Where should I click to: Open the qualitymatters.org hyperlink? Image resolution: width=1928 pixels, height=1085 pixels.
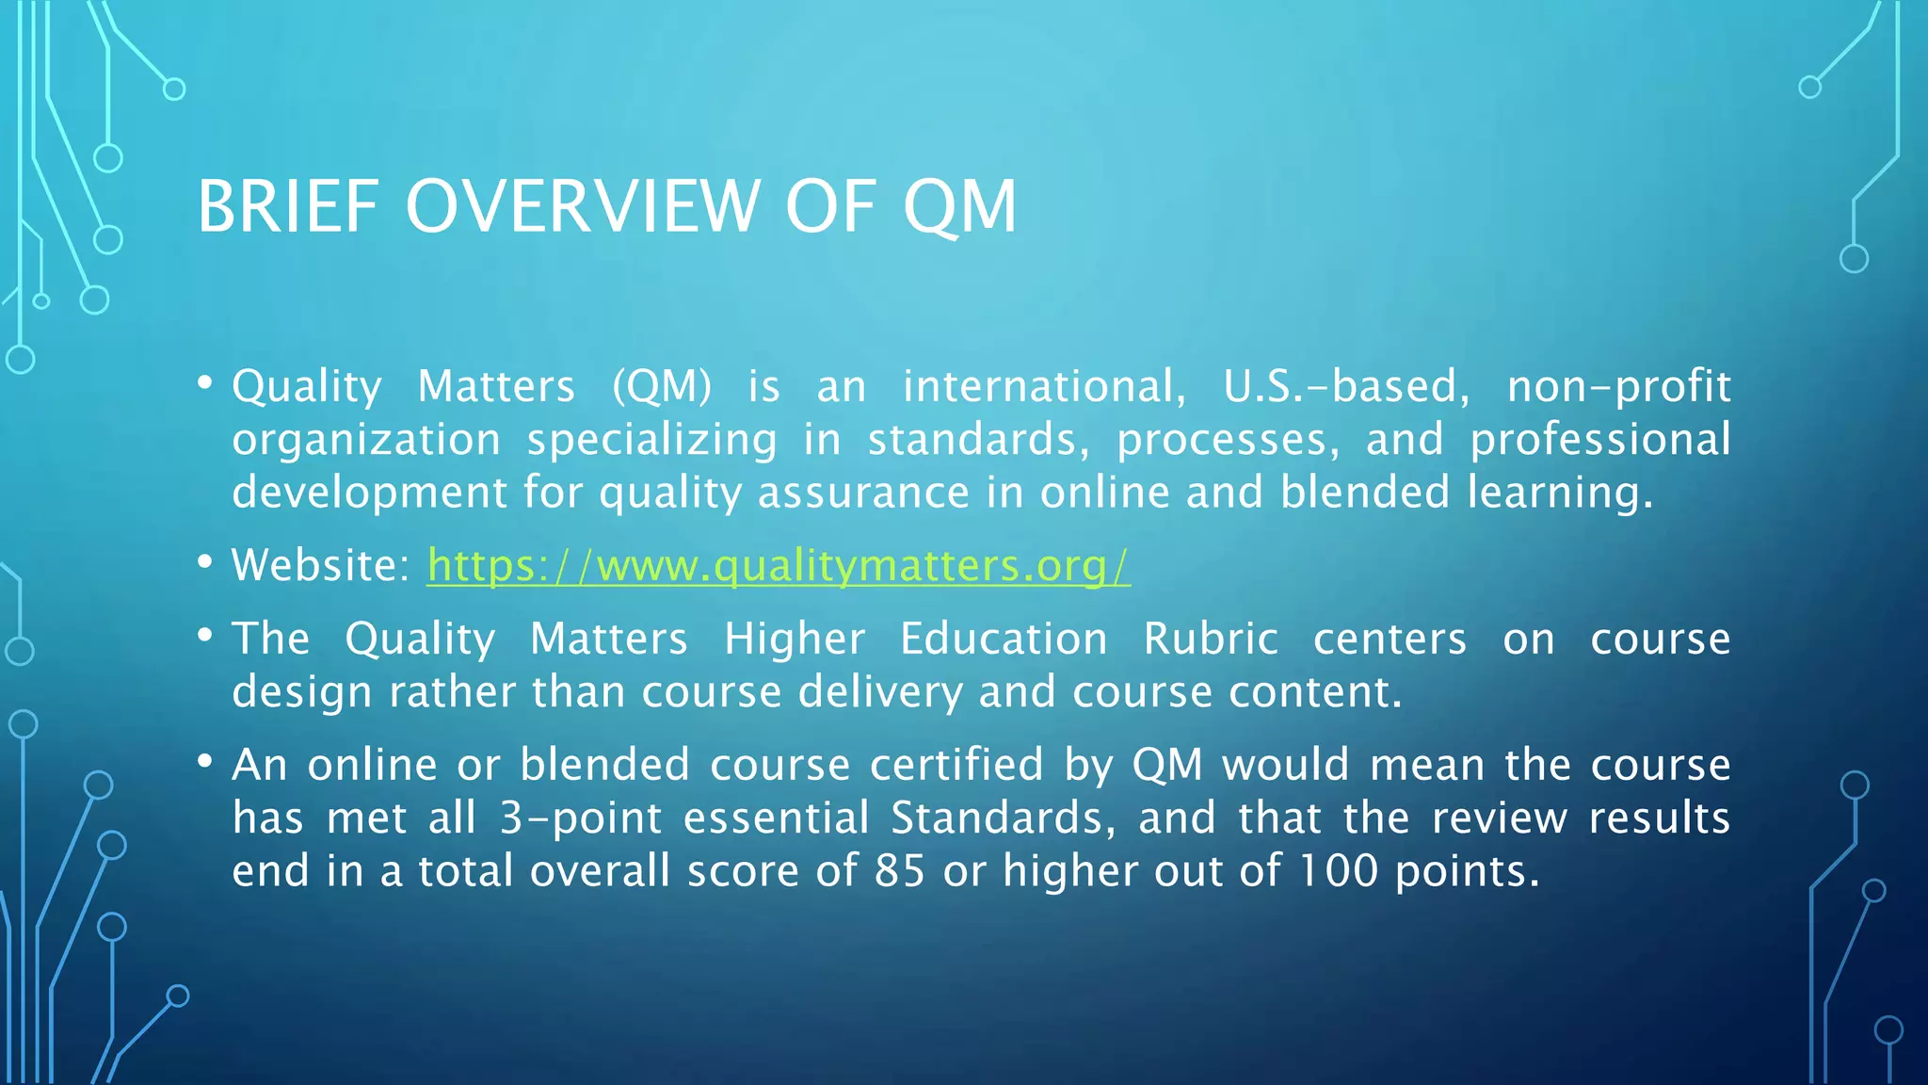(x=778, y=565)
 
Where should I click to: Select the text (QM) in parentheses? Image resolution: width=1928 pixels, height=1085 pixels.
(x=662, y=386)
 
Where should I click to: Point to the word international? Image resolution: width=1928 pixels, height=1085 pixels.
(x=1044, y=386)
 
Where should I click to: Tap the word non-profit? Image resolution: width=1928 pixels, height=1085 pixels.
(x=1618, y=386)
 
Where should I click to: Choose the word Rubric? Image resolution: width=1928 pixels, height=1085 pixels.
(x=1211, y=639)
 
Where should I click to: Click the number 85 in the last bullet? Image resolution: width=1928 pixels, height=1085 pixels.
(x=899, y=870)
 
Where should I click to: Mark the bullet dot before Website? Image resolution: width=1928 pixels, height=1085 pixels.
(x=205, y=562)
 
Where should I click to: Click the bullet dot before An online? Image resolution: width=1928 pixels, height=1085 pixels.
(x=205, y=761)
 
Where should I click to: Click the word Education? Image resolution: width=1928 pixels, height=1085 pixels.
(x=1004, y=639)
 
